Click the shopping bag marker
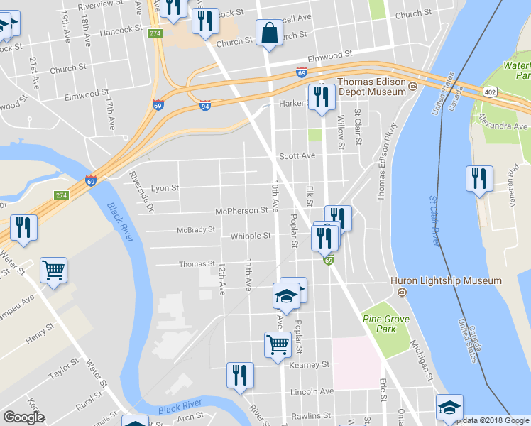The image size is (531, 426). (x=270, y=33)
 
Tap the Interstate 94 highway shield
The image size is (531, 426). (x=204, y=105)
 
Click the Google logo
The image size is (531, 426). (x=23, y=417)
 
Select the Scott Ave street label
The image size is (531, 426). (x=297, y=155)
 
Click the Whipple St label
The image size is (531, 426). (x=251, y=236)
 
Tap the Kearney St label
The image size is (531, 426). (x=310, y=364)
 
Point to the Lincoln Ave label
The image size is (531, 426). (x=312, y=391)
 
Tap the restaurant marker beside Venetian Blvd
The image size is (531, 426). (x=479, y=178)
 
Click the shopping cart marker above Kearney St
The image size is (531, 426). (x=278, y=344)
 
